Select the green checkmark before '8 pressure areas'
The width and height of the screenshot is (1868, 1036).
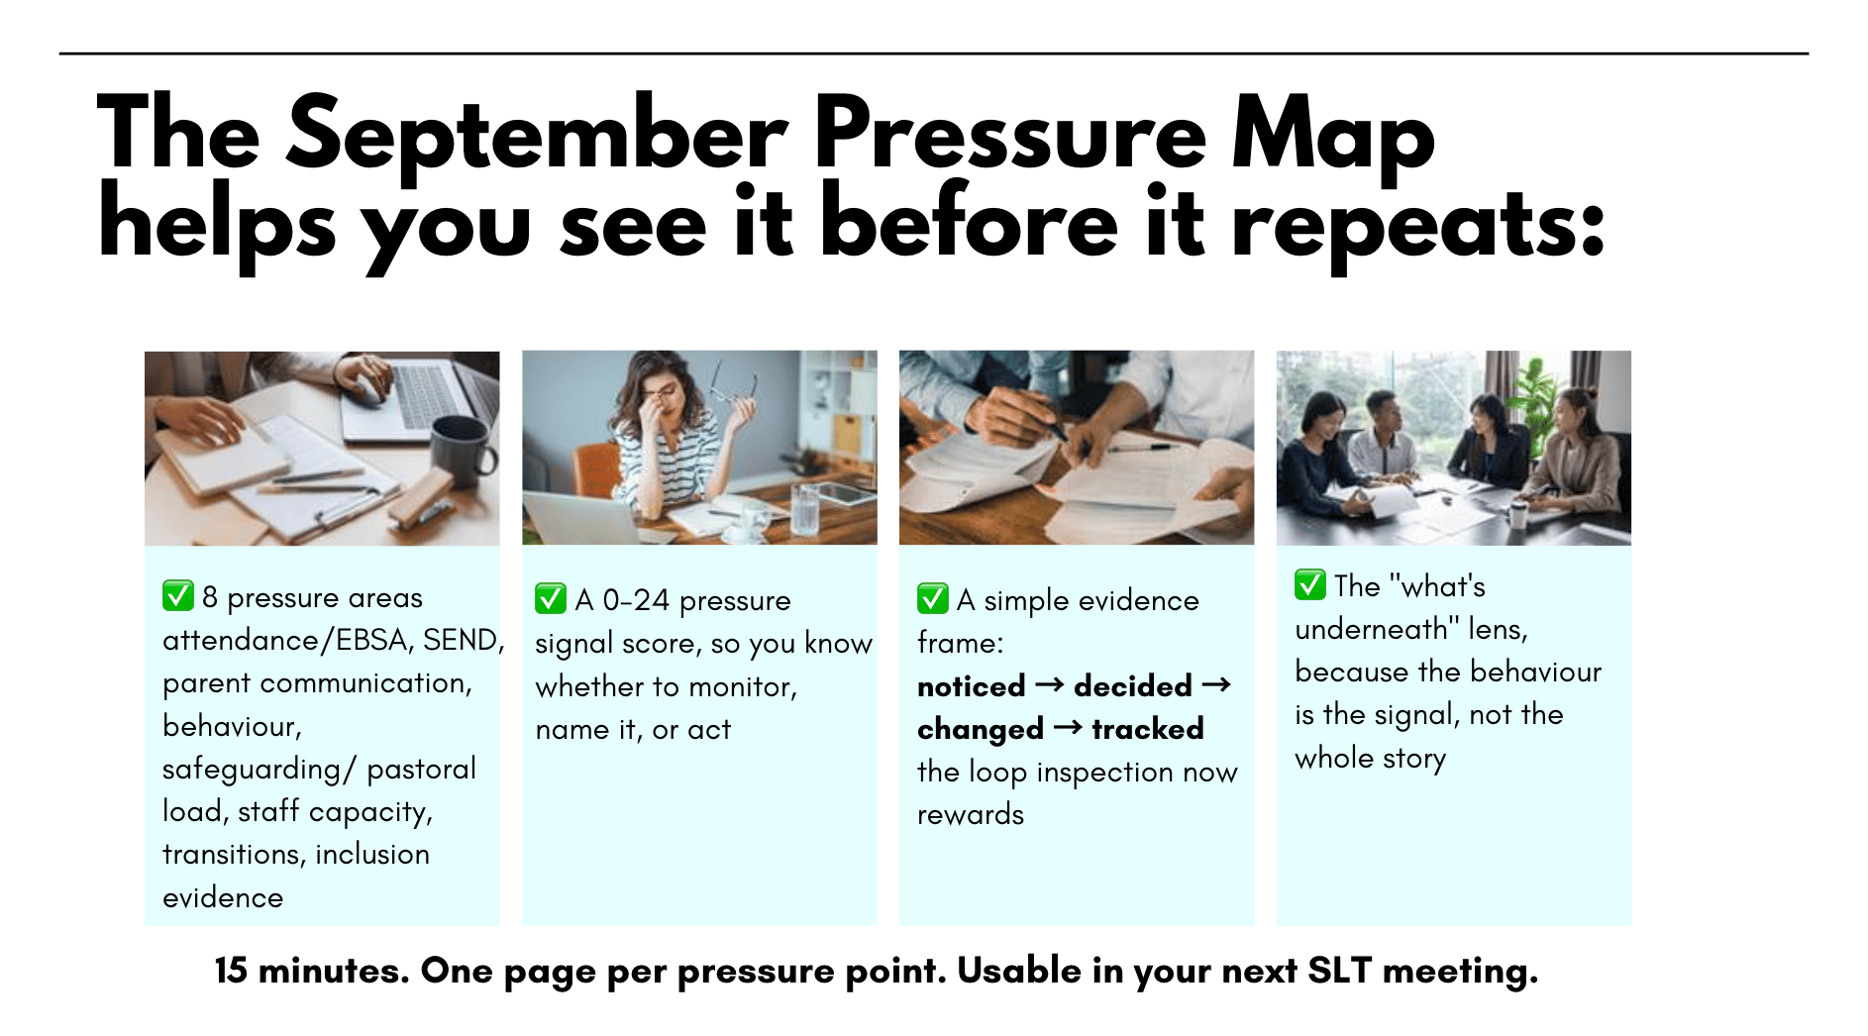coord(177,596)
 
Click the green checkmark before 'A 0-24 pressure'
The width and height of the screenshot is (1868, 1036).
coord(550,599)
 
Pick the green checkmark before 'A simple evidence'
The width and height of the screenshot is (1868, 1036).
coord(932,599)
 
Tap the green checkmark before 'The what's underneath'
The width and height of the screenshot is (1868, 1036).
coord(1309,584)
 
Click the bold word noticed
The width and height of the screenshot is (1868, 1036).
coord(972,685)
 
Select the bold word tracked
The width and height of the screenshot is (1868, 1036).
coord(1147,729)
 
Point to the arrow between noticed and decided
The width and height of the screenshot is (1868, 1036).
coord(1050,685)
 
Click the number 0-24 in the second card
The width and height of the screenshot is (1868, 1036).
coord(636,600)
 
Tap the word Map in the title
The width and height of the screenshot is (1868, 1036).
coord(1332,140)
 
